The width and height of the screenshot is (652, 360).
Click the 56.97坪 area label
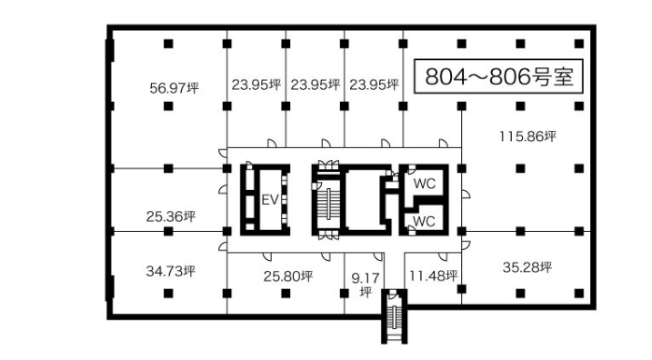tap(174, 88)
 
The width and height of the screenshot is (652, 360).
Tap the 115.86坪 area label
tap(527, 136)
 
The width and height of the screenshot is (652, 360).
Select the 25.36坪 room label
tap(170, 216)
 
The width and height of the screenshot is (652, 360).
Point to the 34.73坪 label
tap(170, 271)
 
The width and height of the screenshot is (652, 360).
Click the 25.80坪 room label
tap(287, 276)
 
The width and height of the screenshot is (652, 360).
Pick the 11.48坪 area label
tap(433, 275)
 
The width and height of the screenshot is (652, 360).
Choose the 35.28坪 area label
tap(527, 267)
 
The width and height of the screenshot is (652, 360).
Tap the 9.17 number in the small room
tap(366, 277)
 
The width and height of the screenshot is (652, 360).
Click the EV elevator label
tap(270, 200)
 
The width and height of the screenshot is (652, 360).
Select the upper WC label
tap(424, 184)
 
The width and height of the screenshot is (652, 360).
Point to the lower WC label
tap(424, 221)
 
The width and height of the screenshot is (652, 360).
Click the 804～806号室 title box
tap(498, 76)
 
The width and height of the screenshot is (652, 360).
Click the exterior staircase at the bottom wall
tap(394, 316)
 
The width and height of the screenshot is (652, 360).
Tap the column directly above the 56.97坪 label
tap(168, 44)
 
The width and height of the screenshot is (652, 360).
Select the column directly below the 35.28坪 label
tap(520, 294)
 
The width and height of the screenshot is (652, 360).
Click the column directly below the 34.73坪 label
tap(168, 294)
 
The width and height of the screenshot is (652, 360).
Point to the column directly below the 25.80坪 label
tap(286, 294)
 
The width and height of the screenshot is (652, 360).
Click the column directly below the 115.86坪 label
tap(520, 168)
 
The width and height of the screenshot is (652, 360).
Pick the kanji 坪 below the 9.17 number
tap(366, 292)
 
